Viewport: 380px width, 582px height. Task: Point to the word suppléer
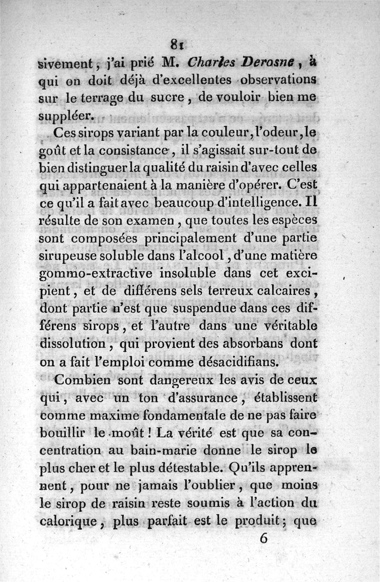[66, 115]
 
